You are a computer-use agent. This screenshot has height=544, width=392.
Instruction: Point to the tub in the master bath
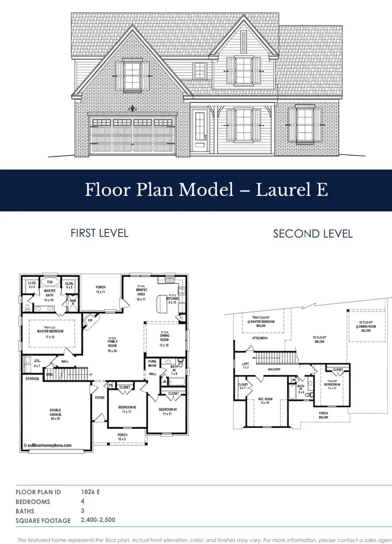[50, 282]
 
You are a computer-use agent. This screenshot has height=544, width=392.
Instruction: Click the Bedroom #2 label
[128, 409]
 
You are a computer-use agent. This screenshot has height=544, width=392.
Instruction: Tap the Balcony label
[274, 370]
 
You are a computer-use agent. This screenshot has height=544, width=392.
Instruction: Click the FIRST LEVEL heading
[99, 233]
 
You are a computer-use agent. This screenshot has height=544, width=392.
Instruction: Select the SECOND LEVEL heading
[312, 234]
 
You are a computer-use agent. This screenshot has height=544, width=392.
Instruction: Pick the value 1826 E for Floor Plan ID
[90, 492]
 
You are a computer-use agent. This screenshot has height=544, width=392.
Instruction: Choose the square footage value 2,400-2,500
[98, 520]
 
